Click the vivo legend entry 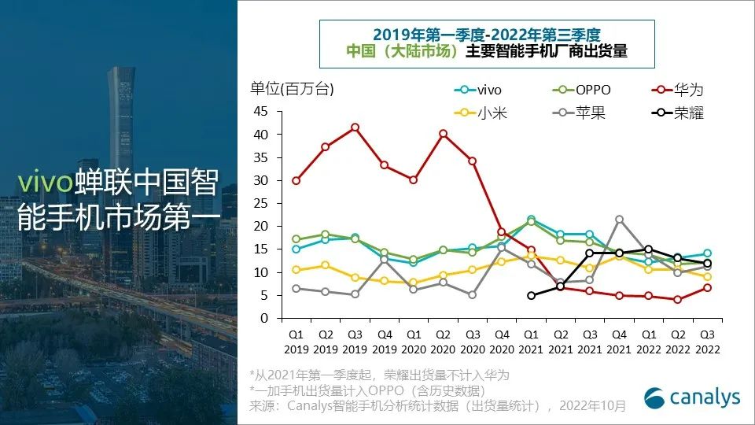coord(479,90)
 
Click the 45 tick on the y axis coord(261,111)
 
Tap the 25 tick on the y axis coord(261,203)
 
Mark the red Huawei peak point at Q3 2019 coord(355,127)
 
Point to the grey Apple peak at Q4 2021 coord(619,219)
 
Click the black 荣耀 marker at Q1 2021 coord(531,295)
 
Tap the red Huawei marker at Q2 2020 coord(443,134)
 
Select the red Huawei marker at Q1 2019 coord(296,180)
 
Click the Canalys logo coord(692,397)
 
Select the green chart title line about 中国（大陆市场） coord(488,52)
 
